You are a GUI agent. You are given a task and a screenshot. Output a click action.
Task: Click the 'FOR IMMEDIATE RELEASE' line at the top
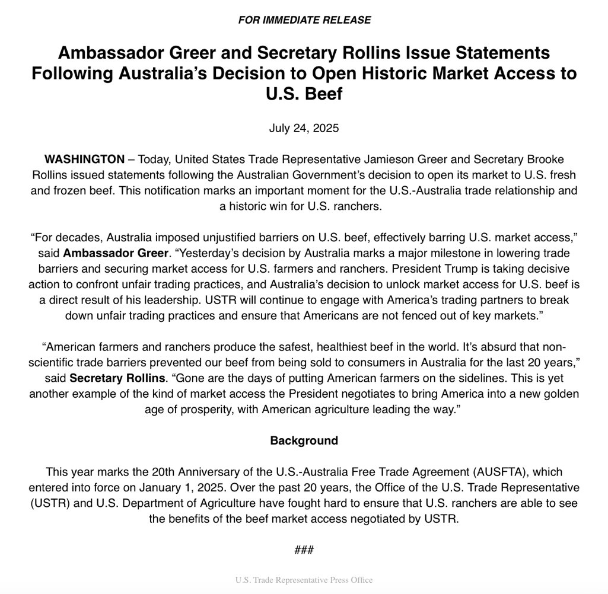pyautogui.click(x=304, y=20)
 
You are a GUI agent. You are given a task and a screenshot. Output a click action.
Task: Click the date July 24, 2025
pyautogui.click(x=304, y=128)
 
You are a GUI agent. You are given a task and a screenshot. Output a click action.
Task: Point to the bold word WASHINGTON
pyautogui.click(x=84, y=159)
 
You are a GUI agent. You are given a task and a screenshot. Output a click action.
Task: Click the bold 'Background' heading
pyautogui.click(x=304, y=440)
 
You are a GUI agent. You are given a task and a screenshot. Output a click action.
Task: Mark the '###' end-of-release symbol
pyautogui.click(x=304, y=550)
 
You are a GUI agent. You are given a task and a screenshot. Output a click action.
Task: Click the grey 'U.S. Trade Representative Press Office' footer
pyautogui.click(x=304, y=580)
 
